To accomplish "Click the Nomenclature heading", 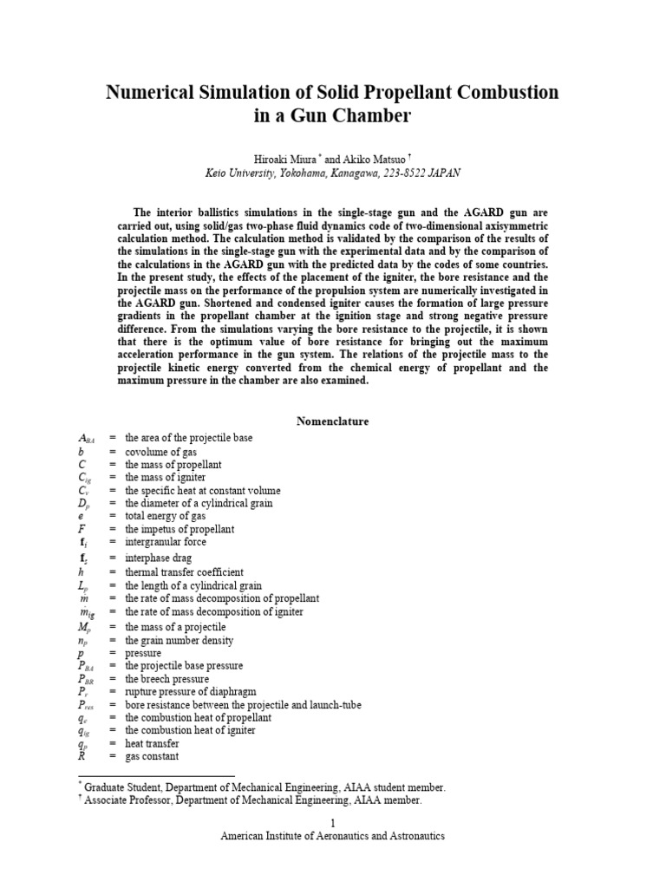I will coord(332,421).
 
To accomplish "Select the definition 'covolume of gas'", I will coord(160,452).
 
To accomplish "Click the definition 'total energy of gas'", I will coord(166,516).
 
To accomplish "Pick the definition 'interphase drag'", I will coord(158,558).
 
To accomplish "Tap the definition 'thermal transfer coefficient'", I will coord(184,572).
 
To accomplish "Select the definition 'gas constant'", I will coord(152,756).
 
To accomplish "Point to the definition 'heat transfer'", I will coord(152,743).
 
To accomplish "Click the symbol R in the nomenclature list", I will coord(81,756).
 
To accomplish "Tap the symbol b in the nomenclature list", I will coord(81,452).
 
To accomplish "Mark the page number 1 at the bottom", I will coord(332,822).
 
